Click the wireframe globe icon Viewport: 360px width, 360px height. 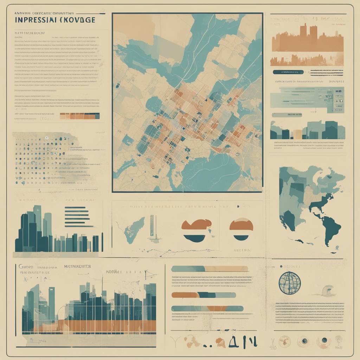290,283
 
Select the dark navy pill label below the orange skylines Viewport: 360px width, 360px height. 288,72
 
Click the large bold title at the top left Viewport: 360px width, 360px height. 55,19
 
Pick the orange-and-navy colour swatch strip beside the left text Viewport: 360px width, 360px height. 80,116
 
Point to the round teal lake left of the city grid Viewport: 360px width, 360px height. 154,104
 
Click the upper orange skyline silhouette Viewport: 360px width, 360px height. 307,39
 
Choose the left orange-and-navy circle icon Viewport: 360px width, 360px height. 197,230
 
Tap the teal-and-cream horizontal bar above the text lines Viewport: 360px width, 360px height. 210,269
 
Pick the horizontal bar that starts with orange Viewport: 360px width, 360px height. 203,295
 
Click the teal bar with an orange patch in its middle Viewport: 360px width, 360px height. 207,309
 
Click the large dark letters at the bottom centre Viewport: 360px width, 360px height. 243,341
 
